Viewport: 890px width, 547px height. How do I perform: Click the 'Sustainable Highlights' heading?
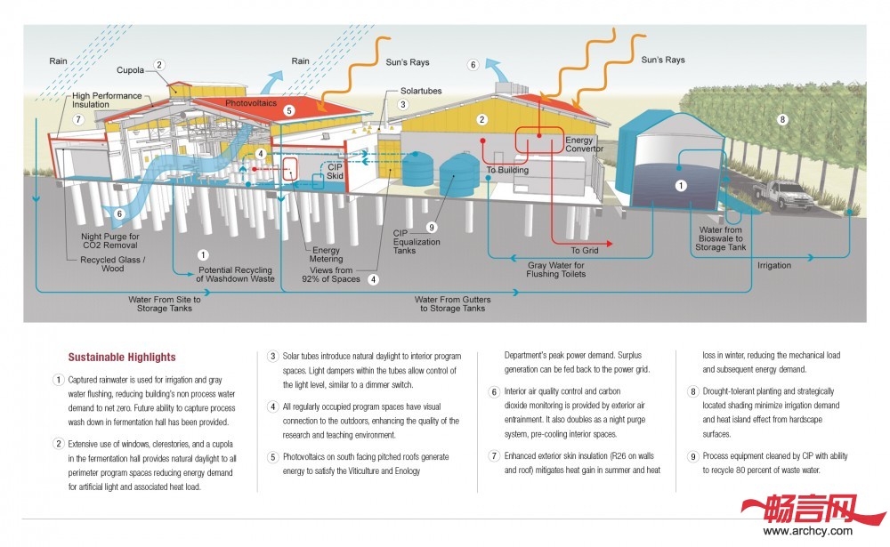(122, 358)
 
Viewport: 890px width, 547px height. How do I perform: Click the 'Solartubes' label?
(421, 91)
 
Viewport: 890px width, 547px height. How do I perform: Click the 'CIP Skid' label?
(334, 172)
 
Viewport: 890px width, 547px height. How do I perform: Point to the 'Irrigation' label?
(774, 265)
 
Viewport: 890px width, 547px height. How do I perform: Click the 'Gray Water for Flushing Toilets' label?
(556, 269)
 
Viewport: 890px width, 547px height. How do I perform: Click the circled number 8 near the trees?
(782, 118)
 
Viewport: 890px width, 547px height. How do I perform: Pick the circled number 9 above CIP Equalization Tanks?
(431, 227)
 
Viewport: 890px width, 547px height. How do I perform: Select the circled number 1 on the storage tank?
(681, 185)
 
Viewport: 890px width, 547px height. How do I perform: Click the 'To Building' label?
(508, 169)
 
